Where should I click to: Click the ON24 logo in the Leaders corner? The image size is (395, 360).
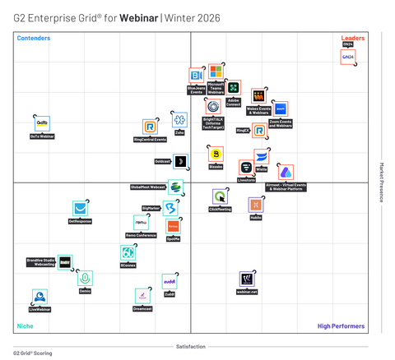[348, 57]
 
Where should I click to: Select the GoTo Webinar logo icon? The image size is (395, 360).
[42, 122]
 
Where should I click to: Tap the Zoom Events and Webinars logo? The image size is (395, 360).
[279, 109]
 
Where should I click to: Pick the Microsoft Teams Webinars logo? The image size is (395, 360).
[216, 71]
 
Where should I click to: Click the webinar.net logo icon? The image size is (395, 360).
[247, 279]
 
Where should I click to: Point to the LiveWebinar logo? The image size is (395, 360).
[39, 297]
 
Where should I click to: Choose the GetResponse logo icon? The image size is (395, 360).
[80, 209]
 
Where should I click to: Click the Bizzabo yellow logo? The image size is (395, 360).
[216, 154]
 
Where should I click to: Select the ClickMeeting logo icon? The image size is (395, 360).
[220, 196]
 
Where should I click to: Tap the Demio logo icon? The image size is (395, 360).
[85, 279]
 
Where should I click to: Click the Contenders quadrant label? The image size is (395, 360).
[34, 38]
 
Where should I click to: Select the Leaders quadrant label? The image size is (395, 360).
[353, 38]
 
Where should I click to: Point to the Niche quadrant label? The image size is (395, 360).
[26, 326]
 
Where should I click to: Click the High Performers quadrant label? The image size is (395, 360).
[341, 326]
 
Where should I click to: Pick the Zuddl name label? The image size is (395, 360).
[169, 294]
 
